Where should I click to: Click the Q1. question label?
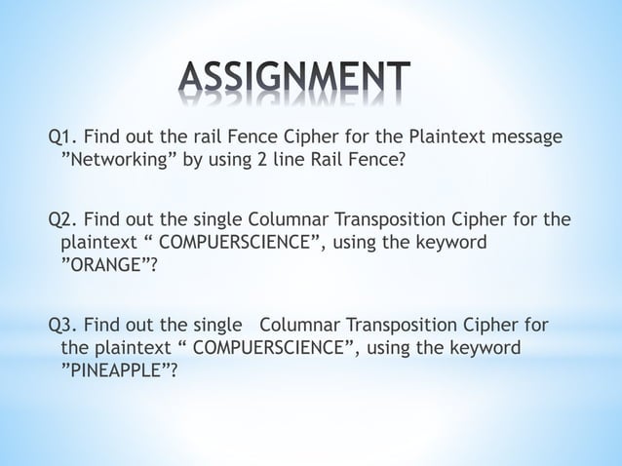coord(64,136)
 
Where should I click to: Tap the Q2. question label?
coord(64,219)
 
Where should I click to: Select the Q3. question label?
coord(64,325)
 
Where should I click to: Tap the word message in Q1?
coord(531,136)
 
